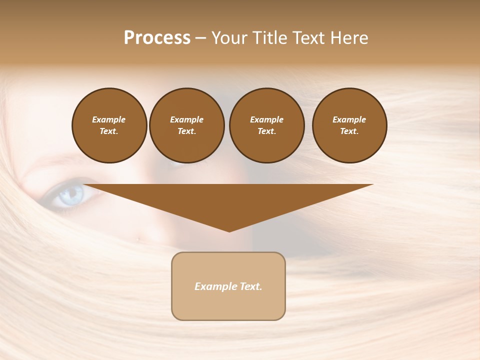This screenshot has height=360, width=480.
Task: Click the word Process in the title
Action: point(157,38)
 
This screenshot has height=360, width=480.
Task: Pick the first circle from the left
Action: point(109,125)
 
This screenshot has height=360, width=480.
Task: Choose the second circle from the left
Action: point(186,125)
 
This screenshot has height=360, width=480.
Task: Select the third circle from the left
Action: point(266,125)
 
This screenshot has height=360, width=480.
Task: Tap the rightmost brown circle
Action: point(349,125)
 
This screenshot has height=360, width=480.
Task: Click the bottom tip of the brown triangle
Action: point(229,231)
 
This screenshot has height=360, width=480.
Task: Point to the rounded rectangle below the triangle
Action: point(228,305)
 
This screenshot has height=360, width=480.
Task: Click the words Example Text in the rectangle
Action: point(228,286)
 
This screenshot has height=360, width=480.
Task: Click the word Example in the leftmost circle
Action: point(109,119)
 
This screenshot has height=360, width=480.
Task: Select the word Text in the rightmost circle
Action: point(349,131)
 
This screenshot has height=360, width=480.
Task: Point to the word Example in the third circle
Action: point(266,119)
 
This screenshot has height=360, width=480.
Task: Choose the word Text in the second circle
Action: point(186,131)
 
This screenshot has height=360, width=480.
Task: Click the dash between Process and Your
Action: point(200,38)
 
